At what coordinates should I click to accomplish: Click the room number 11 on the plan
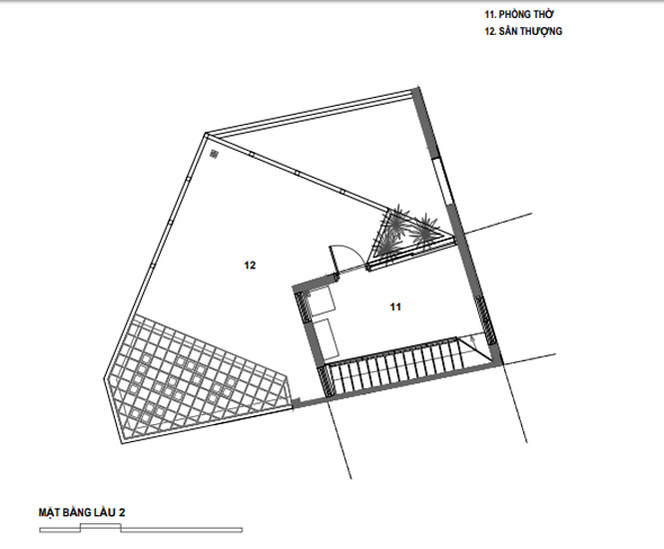click(x=395, y=306)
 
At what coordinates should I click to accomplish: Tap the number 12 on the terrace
click(x=250, y=265)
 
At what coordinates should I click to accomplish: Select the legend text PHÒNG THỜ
click(x=526, y=14)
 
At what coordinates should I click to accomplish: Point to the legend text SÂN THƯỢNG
click(x=530, y=31)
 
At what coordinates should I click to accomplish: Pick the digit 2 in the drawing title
click(x=122, y=513)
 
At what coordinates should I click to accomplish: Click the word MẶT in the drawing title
click(x=48, y=512)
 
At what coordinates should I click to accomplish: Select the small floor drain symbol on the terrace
click(x=214, y=154)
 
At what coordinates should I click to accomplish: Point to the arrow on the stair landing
click(x=472, y=340)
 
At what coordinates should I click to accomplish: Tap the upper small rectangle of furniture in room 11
click(x=322, y=301)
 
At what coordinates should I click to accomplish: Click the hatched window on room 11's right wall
click(x=485, y=320)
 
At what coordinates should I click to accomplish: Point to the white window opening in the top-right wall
click(x=441, y=182)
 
